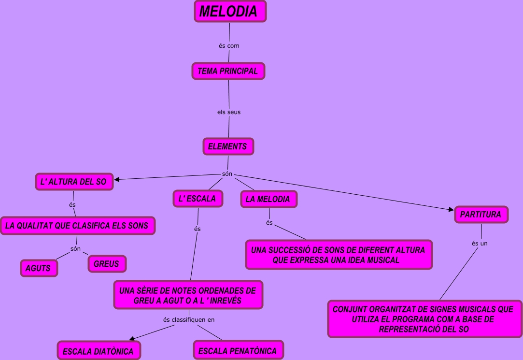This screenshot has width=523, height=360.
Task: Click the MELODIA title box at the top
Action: [230, 12]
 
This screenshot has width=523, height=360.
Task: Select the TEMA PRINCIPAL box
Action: [228, 71]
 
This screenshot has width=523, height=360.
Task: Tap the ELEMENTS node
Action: [228, 146]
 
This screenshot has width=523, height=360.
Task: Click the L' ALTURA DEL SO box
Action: [74, 182]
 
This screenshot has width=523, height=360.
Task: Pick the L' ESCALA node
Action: [198, 199]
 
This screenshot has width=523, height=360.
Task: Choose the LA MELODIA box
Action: [268, 199]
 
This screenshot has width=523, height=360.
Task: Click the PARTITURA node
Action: [481, 215]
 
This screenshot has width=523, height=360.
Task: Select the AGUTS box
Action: [39, 268]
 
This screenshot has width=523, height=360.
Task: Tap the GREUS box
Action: [107, 264]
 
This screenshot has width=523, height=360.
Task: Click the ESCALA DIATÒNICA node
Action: [98, 351]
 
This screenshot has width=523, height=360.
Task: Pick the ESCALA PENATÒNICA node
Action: [238, 350]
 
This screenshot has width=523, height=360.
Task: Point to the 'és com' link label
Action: [229, 46]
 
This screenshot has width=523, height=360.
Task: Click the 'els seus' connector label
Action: [229, 112]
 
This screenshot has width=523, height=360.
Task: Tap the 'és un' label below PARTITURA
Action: [480, 244]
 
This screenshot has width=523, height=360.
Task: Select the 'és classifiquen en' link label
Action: [189, 319]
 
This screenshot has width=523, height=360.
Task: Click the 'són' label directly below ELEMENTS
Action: [227, 174]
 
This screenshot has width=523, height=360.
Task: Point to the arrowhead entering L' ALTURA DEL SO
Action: [117, 180]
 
